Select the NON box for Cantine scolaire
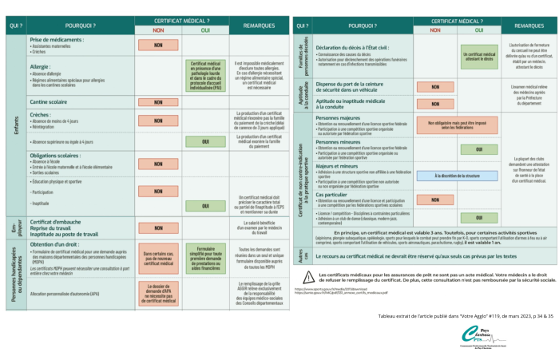tap(158, 103)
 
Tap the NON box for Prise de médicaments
tap(158, 45)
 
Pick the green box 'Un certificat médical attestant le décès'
tap(481, 57)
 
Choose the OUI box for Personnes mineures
tap(481, 149)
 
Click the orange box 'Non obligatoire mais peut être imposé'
tap(458, 125)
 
